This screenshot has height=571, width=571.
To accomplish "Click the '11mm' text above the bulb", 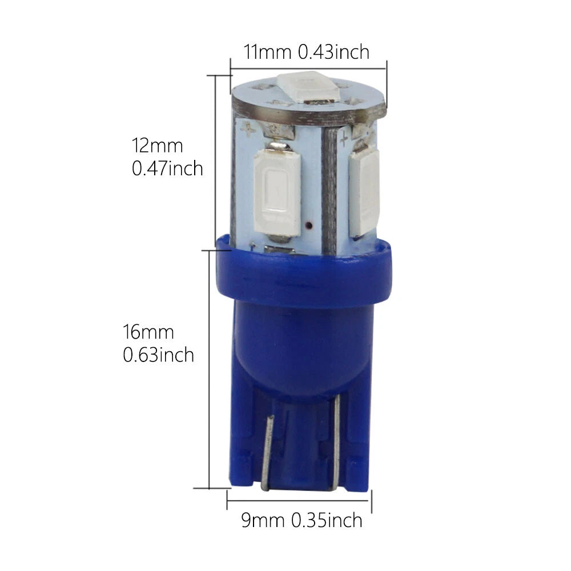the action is coord(267,52).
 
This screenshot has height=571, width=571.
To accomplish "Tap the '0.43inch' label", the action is coord(333,52).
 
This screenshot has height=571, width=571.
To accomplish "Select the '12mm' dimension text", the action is coord(157,146).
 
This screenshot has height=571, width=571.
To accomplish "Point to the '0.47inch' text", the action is coord(167,168).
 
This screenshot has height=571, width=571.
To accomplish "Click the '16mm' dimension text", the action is coord(148,332).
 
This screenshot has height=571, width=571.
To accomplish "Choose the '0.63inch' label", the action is coord(158,355).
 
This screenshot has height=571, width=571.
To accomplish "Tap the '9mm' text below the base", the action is coord(263,520).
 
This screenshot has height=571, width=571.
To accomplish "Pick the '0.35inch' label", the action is coord(327,520).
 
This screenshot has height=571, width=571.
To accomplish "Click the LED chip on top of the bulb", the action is coord(309,87).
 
